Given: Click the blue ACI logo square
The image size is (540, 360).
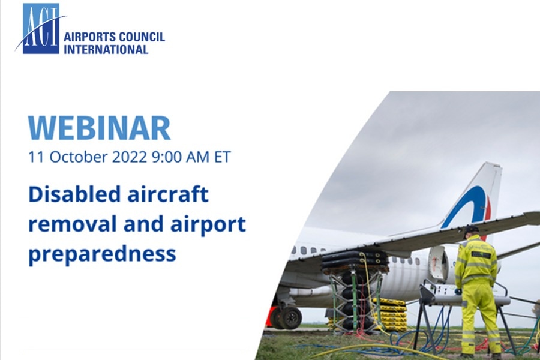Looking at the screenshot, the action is tap(41, 29).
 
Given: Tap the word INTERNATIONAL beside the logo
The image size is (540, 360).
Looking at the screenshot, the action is tap(106, 49).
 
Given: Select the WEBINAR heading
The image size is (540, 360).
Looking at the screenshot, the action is tap(99, 127).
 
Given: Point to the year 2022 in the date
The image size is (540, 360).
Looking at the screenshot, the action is tap(130, 157).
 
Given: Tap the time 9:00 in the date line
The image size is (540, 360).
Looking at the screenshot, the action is tap(167, 157).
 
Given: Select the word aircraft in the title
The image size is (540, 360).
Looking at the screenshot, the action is tap(168, 194).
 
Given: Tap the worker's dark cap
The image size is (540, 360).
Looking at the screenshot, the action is tap(471, 229).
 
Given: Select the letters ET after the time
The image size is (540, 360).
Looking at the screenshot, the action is tap(223, 157).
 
